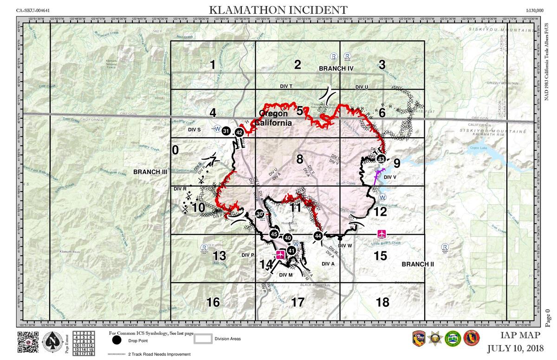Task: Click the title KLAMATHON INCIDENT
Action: tap(278, 10)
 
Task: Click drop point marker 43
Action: tap(381, 159)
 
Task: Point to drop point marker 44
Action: tap(318, 236)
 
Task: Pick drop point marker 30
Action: tap(259, 214)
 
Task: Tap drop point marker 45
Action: tap(274, 234)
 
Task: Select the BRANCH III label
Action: tap(150, 172)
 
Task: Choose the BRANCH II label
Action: tap(418, 264)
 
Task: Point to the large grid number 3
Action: tap(382, 65)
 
